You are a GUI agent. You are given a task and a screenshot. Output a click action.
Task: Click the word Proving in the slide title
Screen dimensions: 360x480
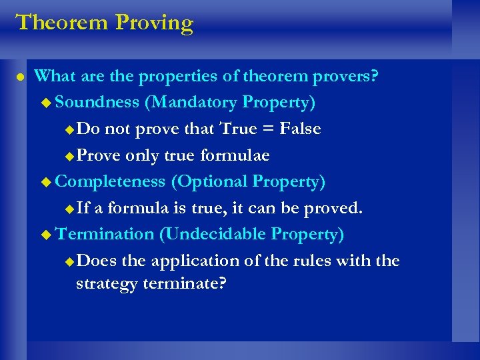click(x=154, y=23)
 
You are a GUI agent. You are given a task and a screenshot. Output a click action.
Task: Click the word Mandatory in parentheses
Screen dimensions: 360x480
click(x=189, y=103)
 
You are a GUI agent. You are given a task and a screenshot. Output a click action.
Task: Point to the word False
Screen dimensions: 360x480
click(x=298, y=129)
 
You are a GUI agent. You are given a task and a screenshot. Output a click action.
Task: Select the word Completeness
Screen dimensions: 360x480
click(x=110, y=181)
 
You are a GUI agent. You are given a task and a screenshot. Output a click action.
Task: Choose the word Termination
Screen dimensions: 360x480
click(x=105, y=234)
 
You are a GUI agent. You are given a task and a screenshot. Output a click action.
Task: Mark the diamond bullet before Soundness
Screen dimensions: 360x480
click(x=45, y=103)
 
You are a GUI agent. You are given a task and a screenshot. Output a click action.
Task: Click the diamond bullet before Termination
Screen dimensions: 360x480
click(x=45, y=235)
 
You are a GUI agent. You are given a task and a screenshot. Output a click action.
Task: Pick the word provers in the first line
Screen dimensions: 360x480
click(x=344, y=77)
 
